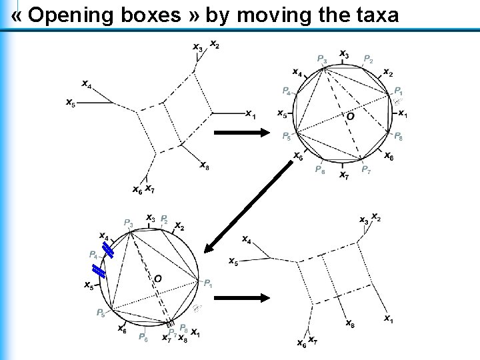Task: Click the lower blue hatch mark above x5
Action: [x=99, y=271]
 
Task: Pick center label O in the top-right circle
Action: [x=350, y=116]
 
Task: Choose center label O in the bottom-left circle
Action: [x=158, y=277]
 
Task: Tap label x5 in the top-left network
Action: [x=71, y=103]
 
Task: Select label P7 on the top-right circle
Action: [x=366, y=171]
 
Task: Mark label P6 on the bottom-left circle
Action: [x=143, y=337]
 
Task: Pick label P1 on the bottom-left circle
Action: [x=208, y=283]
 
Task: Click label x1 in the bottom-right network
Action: [x=388, y=319]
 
